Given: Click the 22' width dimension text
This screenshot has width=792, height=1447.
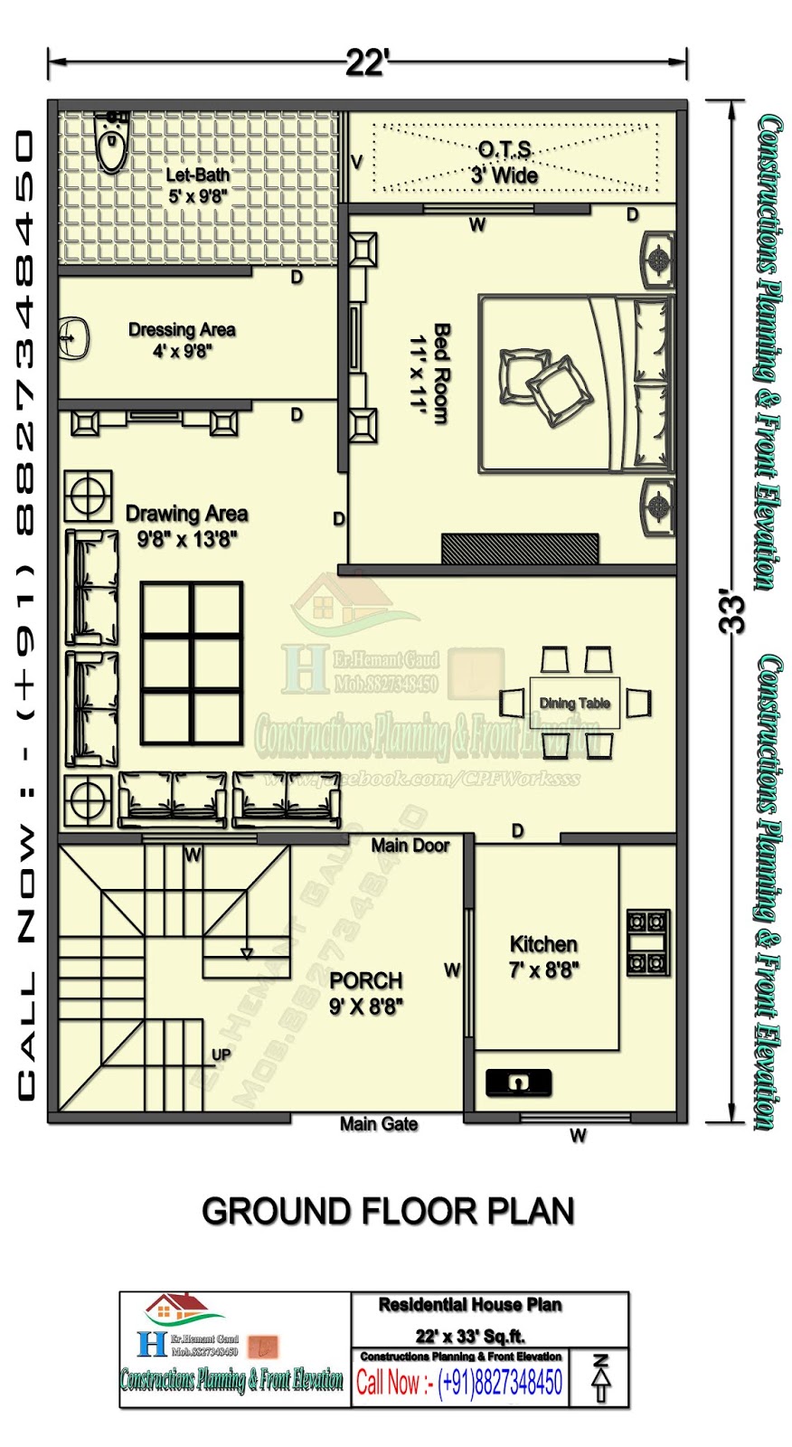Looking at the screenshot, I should click(x=367, y=63).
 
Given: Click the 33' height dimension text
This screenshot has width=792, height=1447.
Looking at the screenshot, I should click(x=737, y=614).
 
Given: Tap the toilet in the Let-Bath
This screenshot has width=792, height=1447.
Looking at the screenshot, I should click(x=112, y=145).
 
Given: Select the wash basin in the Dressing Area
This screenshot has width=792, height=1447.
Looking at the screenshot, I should click(x=75, y=338).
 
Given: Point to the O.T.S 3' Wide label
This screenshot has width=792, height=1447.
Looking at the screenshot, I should click(x=504, y=163).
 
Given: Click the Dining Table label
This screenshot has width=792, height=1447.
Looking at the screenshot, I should click(x=574, y=703).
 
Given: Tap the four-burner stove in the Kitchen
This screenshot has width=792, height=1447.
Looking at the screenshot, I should click(x=648, y=942).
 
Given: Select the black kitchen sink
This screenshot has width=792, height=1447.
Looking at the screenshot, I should click(x=518, y=1082).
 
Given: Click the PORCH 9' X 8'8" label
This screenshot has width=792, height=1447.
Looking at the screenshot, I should click(x=366, y=993).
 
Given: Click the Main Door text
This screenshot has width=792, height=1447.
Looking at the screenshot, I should click(x=410, y=846).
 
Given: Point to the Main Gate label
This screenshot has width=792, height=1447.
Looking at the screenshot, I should click(x=378, y=1124).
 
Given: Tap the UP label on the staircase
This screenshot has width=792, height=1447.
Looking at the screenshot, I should click(x=221, y=1055).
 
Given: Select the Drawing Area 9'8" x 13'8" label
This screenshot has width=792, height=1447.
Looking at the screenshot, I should click(x=187, y=526).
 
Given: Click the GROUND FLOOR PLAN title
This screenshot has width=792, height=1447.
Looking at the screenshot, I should click(x=388, y=1212).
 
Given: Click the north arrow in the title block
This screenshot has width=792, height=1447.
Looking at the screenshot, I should click(x=600, y=1378).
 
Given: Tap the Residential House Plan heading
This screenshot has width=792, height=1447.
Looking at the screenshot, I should click(x=469, y=1305).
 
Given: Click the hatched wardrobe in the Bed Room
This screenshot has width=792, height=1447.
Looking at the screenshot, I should click(x=520, y=548).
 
